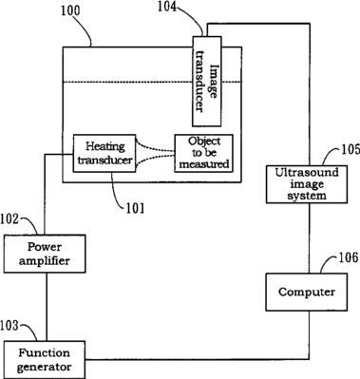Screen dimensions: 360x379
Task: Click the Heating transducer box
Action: (104, 153)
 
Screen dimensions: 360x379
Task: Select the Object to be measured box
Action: (204, 153)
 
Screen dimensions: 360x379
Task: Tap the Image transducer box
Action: (207, 82)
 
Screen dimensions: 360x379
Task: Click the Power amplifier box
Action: (45, 254)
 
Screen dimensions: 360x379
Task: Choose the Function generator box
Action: (45, 360)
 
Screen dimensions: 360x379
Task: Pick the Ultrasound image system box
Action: (307, 184)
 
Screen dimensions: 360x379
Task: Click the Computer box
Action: (307, 292)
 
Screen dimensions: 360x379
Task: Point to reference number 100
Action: (70, 11)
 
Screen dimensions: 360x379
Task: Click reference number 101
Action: (135, 208)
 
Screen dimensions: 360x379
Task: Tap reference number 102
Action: (9, 219)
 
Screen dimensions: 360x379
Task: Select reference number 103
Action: (9, 326)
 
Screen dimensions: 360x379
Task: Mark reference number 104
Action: (168, 7)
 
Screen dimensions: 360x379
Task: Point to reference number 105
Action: (351, 149)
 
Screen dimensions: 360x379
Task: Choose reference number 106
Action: (349, 257)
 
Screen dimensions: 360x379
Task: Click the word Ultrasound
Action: (307, 173)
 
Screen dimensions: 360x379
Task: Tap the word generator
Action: (44, 368)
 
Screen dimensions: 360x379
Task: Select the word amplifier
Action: (45, 261)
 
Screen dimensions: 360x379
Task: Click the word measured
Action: (204, 164)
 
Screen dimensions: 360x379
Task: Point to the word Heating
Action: (105, 146)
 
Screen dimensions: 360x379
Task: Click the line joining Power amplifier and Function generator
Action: (47, 307)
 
